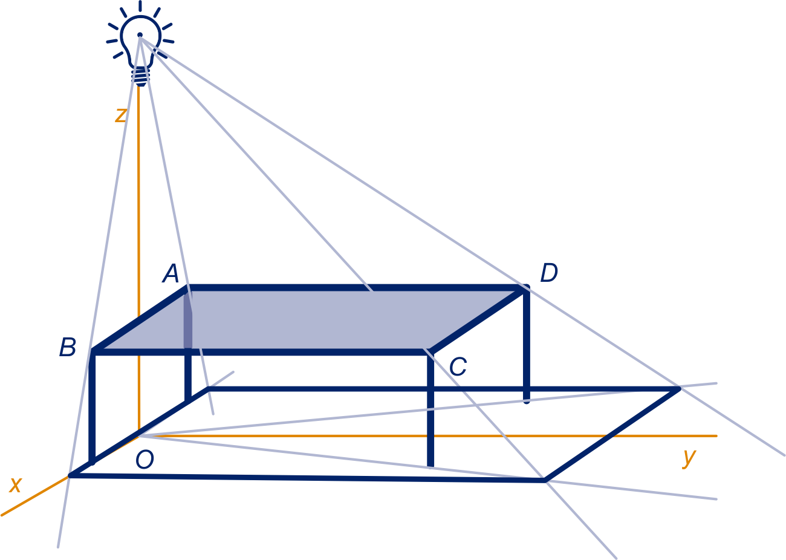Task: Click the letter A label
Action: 171,274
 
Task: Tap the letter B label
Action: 68,347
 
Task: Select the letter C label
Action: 458,366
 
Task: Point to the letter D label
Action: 549,273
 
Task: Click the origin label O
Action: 145,460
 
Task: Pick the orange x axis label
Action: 16,485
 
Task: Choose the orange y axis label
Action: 689,458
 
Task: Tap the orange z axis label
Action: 121,115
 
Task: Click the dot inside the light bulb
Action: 140,34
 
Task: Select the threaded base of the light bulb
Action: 141,77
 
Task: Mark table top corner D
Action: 525,288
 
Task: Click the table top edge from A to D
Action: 357,288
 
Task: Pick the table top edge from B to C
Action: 261,352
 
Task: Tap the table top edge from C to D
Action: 478,320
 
